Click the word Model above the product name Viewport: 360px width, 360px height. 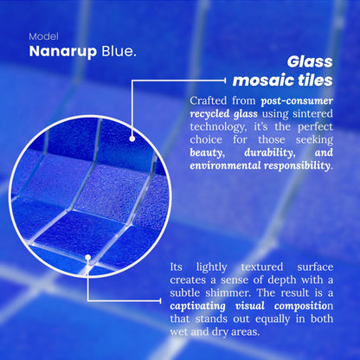click(43, 37)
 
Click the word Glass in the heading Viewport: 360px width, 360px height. click(310, 61)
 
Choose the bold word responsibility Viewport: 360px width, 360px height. click(287, 165)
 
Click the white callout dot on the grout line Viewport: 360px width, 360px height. click(89, 256)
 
